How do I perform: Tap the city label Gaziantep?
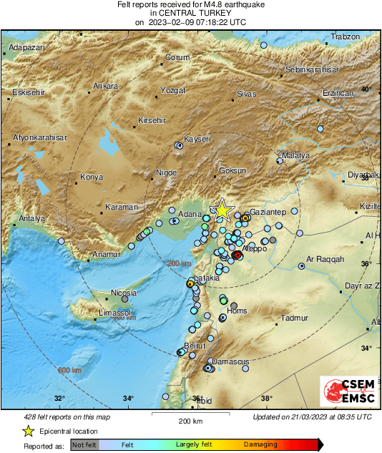[x=268, y=213]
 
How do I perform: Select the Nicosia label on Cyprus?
[x=124, y=293]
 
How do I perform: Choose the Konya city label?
[x=91, y=176]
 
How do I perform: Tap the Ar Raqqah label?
[x=325, y=258]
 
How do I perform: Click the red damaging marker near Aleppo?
[x=238, y=255]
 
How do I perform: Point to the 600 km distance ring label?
[x=69, y=370]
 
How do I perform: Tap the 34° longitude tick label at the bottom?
[x=128, y=398]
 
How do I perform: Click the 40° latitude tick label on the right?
[x=366, y=89]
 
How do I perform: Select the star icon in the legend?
[x=28, y=431]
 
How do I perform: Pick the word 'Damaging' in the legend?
[x=260, y=444]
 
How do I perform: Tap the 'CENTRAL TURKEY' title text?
[x=190, y=14]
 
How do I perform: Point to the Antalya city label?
[x=31, y=218]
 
